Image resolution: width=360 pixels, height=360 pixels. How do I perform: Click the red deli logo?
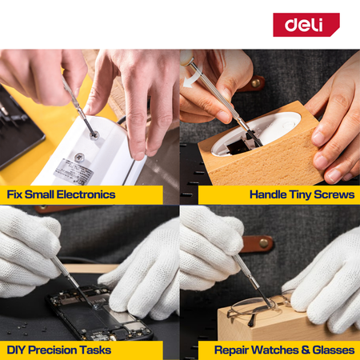click(x=306, y=25)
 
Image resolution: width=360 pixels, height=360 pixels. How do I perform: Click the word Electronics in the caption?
click(x=86, y=194)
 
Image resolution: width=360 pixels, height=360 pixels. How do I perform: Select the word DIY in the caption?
click(x=16, y=350)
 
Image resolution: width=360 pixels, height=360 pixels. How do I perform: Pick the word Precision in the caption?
click(x=52, y=350)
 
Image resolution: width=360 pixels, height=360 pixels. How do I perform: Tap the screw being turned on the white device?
click(x=94, y=135)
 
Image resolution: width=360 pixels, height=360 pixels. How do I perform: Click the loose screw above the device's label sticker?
click(x=79, y=158)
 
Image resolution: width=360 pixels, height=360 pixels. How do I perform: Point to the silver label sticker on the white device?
click(x=74, y=170)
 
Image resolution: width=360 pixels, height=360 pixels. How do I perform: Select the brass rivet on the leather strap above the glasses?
click(x=264, y=243)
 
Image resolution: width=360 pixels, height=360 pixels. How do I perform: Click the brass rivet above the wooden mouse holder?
click(x=255, y=83)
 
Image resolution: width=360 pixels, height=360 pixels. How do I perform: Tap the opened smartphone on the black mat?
click(x=99, y=313)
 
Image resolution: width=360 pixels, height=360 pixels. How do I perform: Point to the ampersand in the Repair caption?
click(x=306, y=350)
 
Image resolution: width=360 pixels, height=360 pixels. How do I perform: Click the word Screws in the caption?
click(x=334, y=194)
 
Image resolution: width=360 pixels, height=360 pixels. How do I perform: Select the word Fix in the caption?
click(x=14, y=194)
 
